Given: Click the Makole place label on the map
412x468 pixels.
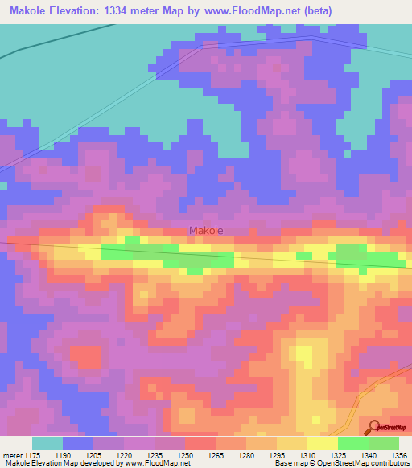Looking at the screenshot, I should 206,231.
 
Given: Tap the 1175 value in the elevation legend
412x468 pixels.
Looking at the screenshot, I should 33,454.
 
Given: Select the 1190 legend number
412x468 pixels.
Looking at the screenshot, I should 64,454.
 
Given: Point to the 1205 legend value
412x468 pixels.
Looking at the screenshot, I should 94,454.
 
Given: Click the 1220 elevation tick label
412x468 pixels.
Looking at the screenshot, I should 125,454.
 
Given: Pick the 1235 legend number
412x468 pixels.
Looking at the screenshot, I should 155,454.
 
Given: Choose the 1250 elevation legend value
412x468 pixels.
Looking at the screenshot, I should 186,454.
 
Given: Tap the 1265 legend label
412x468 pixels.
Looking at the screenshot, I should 216,454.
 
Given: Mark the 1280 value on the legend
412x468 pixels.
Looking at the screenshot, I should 247,454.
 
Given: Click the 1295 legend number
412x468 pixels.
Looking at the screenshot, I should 278,454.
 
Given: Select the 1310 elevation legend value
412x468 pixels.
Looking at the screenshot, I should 308,454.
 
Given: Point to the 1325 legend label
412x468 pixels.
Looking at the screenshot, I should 339,454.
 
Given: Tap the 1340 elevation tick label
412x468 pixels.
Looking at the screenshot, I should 369,454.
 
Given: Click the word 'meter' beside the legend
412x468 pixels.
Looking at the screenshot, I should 13,454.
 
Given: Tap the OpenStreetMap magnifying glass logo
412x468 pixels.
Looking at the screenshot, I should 374,427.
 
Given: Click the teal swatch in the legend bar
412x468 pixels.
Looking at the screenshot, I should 47,443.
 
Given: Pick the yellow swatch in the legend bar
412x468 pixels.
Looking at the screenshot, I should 323,443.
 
